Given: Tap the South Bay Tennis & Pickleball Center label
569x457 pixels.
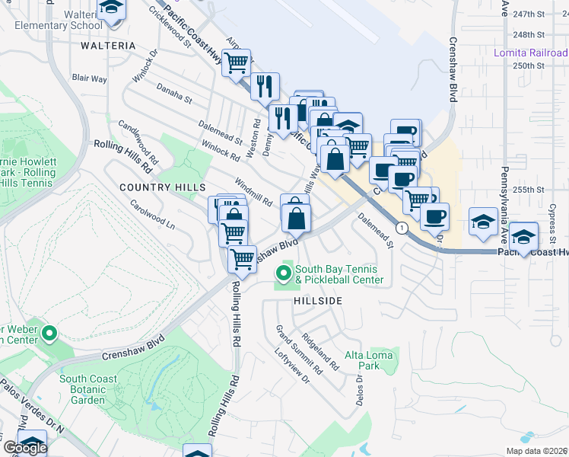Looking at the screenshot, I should pos(339,274).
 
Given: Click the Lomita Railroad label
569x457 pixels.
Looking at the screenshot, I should pos(530,53).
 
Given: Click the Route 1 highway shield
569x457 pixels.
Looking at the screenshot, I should pos(402,228).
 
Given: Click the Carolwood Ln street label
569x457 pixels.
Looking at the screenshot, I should pos(152,216).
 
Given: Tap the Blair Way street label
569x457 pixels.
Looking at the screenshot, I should pos(89,78).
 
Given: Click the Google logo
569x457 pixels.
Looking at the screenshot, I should pos(25,448).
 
